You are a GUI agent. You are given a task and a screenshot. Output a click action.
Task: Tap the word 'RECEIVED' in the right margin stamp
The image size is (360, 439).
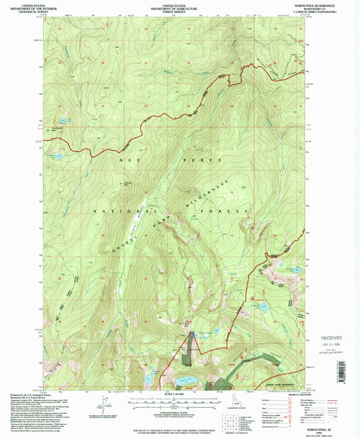point(328,336)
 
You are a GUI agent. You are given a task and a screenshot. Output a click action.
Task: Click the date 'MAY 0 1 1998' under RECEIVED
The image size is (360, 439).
point(327,344)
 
